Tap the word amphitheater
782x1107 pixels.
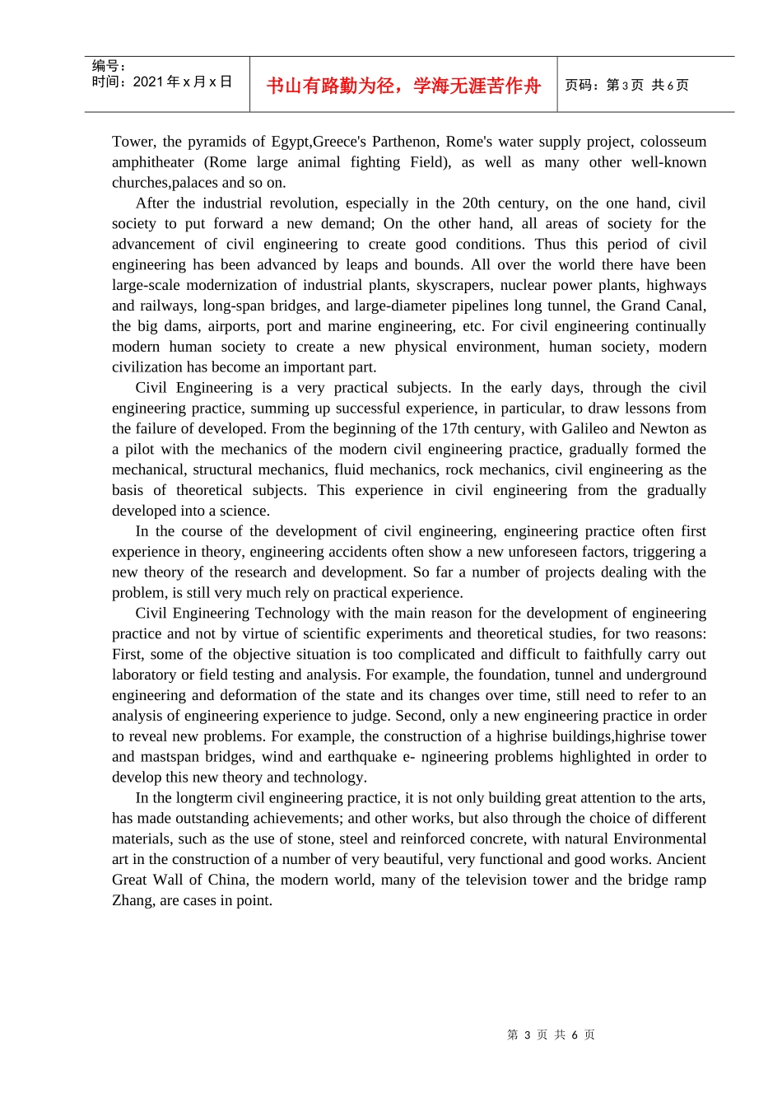pyautogui.click(x=153, y=162)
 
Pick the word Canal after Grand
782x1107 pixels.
pyautogui.click(x=685, y=306)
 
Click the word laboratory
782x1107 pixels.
pyautogui.click(x=143, y=675)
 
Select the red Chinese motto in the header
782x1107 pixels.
pyautogui.click(x=403, y=86)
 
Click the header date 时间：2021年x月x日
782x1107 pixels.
pyautogui.click(x=162, y=82)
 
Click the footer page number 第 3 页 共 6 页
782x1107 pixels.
pyautogui.click(x=551, y=1035)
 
